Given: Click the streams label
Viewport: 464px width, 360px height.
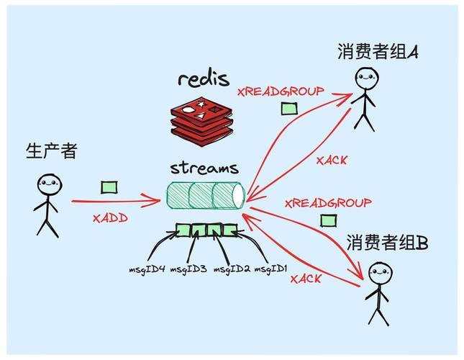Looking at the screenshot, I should click(204, 169).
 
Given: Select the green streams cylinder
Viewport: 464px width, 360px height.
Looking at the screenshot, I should click(206, 196).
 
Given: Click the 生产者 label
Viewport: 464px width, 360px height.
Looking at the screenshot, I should click(51, 151).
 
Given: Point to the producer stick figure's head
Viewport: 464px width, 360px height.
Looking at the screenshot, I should click(47, 184).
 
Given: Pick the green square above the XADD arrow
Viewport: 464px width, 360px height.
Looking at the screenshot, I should click(109, 187).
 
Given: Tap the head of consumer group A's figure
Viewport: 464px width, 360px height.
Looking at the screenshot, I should click(366, 78).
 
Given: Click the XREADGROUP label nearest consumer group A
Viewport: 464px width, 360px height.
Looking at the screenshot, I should click(280, 91).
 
